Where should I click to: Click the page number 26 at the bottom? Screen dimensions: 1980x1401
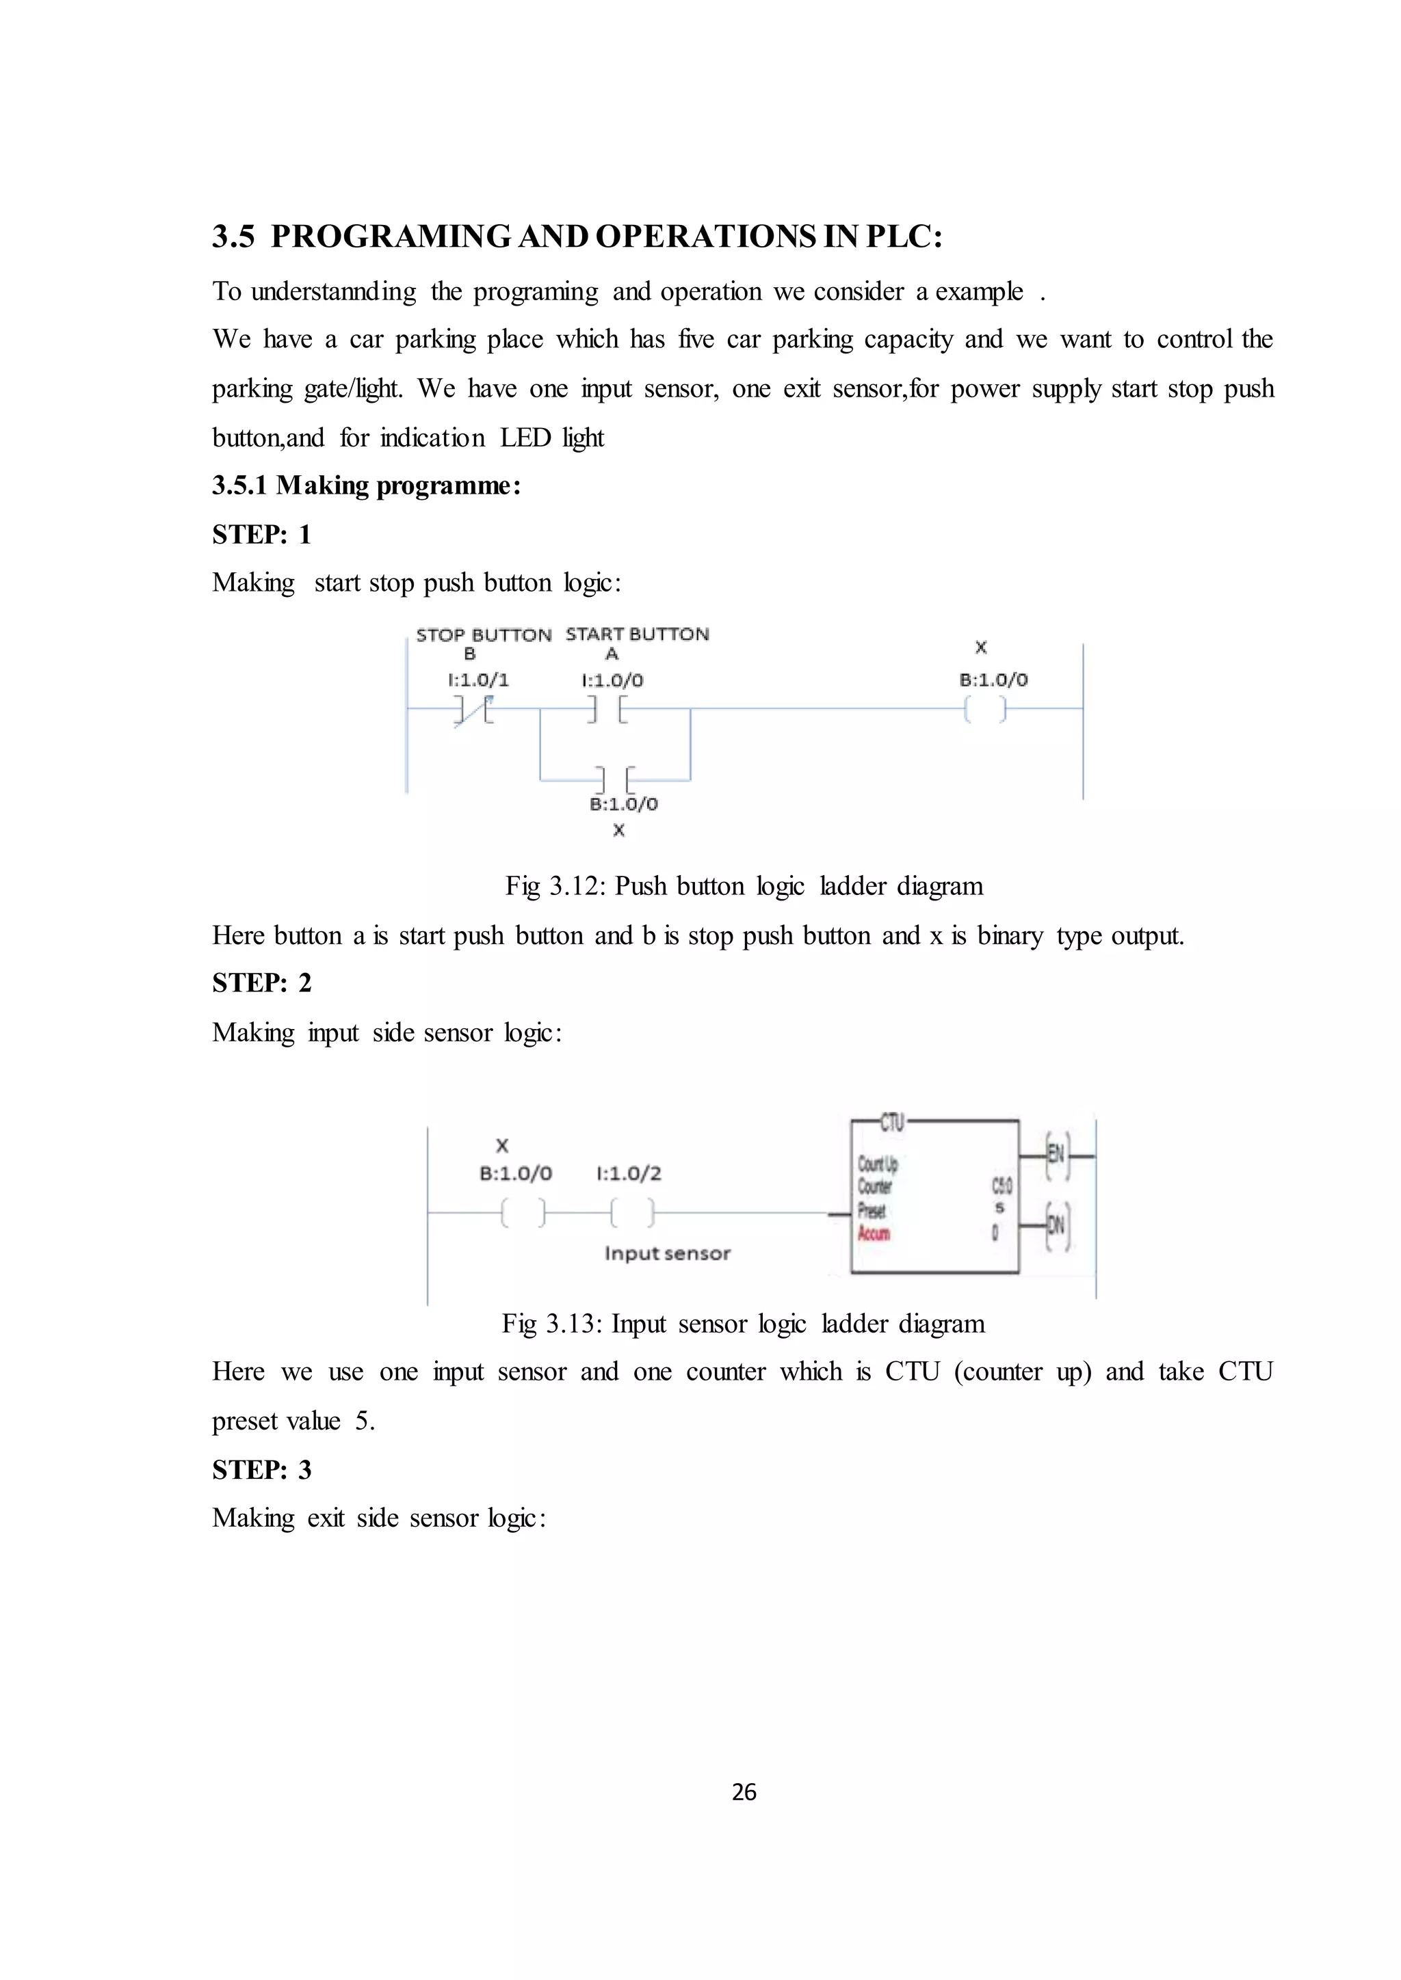744,1792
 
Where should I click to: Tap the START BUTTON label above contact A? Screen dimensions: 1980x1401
637,634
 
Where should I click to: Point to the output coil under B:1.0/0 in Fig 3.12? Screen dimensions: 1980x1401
984,710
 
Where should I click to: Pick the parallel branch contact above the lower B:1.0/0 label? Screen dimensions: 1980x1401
616,779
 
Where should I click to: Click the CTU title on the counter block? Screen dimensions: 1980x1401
891,1122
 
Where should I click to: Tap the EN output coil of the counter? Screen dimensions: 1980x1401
1057,1155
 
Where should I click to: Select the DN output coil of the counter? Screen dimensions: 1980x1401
1057,1225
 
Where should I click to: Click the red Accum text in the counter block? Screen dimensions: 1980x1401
873,1234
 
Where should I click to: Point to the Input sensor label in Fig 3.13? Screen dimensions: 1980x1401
667,1254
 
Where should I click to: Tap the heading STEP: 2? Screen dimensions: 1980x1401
261,983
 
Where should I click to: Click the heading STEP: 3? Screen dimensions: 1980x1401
261,1469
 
